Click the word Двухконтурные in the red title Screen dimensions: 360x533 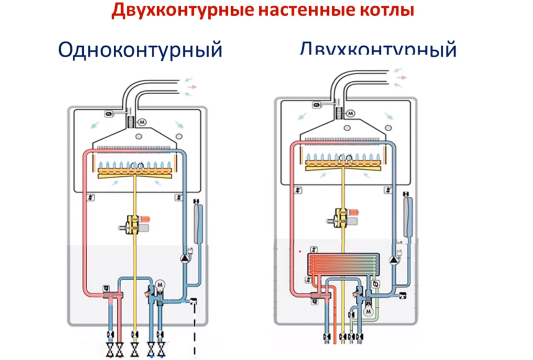(175, 10)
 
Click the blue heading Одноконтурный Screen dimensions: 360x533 (140, 50)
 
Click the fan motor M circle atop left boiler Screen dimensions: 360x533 (143, 121)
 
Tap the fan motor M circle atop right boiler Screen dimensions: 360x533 (350, 114)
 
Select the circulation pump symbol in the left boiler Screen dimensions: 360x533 (184, 258)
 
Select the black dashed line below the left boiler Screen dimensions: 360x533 (194, 329)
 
